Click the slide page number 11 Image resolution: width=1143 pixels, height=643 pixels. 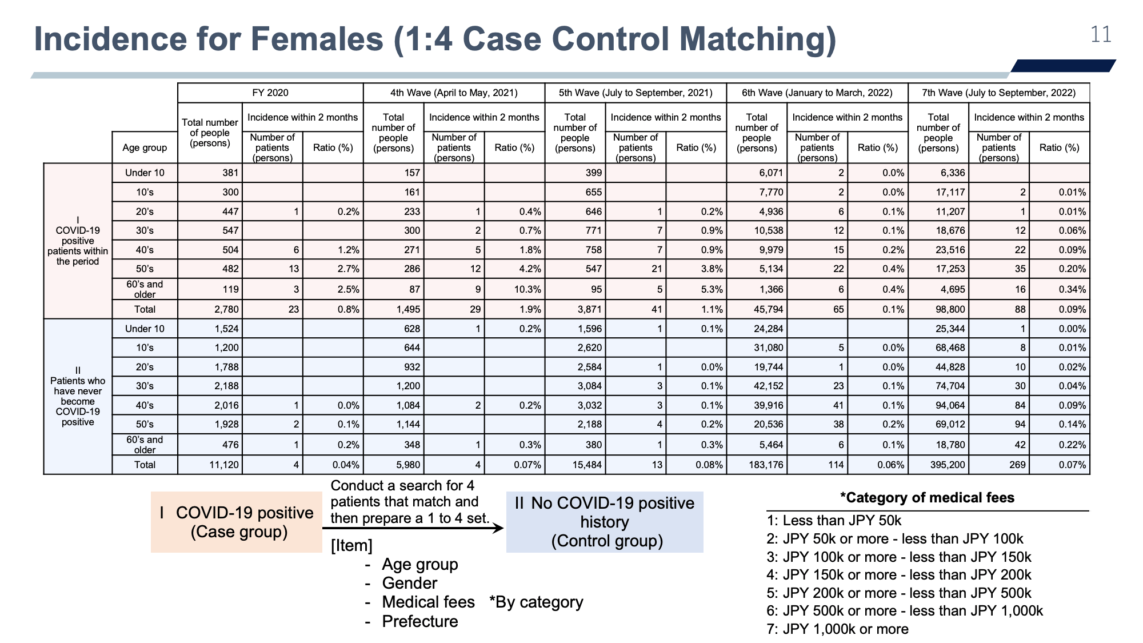point(1101,35)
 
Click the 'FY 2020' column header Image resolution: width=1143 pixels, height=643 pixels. point(270,93)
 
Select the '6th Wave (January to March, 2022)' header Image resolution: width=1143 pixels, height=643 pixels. point(817,93)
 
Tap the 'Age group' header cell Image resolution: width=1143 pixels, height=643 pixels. point(145,147)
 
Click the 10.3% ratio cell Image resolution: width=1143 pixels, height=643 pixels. point(527,289)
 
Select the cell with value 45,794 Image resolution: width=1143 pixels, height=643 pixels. point(768,309)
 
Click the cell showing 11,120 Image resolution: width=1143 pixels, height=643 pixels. point(224,465)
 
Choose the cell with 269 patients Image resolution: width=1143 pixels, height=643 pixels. point(1017,465)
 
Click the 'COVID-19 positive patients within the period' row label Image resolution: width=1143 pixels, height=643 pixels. point(78,241)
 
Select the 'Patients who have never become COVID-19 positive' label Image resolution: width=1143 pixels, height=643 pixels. point(78,396)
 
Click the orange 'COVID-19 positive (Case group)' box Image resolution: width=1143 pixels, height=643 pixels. point(237,522)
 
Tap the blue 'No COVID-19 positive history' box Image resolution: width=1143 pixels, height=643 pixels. point(605,522)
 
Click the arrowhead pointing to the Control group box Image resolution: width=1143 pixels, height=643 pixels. point(498,528)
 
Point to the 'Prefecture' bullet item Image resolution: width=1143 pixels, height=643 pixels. point(420,621)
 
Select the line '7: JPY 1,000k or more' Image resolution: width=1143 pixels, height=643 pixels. point(837,629)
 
